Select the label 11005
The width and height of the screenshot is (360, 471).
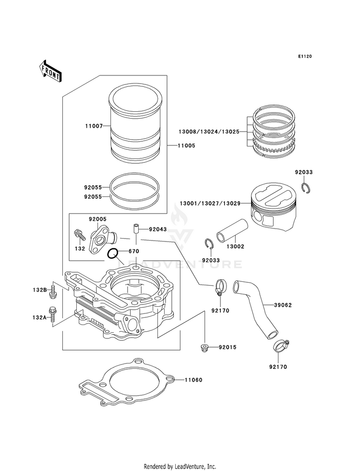(186, 145)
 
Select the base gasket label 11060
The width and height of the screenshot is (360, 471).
(193, 380)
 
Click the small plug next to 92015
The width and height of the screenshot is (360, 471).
(204, 347)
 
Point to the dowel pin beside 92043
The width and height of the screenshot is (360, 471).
(136, 228)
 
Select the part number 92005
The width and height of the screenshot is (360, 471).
(97, 219)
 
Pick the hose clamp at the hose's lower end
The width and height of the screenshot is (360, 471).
(281, 344)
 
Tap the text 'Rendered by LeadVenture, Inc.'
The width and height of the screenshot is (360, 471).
(180, 466)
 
